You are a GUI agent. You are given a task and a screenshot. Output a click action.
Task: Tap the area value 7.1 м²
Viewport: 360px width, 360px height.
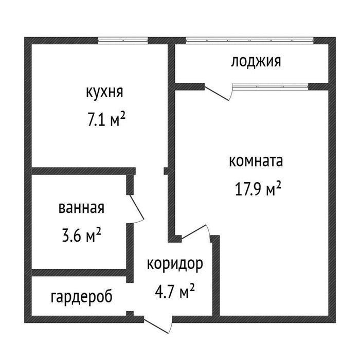pos(106,121)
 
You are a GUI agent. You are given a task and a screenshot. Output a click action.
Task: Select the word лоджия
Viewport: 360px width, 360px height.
pos(256,62)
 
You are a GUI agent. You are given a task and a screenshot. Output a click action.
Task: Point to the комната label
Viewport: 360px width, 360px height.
pos(256,161)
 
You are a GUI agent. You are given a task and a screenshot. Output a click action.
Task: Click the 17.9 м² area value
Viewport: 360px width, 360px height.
pos(258,190)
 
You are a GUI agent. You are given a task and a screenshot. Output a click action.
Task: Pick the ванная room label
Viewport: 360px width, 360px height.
pos(82,208)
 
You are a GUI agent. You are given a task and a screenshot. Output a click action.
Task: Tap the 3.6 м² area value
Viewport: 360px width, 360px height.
pos(80,236)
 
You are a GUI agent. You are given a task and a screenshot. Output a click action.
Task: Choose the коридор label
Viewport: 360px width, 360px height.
pos(174,264)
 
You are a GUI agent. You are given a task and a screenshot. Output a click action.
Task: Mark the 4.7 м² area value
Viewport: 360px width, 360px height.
pos(174,293)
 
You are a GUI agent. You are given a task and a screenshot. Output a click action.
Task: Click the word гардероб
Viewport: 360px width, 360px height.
pos(82,297)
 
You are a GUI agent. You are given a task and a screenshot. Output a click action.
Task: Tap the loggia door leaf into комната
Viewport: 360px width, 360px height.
pos(218,93)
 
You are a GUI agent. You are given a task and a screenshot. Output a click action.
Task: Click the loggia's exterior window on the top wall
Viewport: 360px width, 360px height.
pos(249,40)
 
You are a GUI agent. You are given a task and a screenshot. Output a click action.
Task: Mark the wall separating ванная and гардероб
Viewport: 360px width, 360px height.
pos(80,273)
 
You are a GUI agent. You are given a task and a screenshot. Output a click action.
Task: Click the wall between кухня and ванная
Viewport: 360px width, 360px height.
pos(80,171)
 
